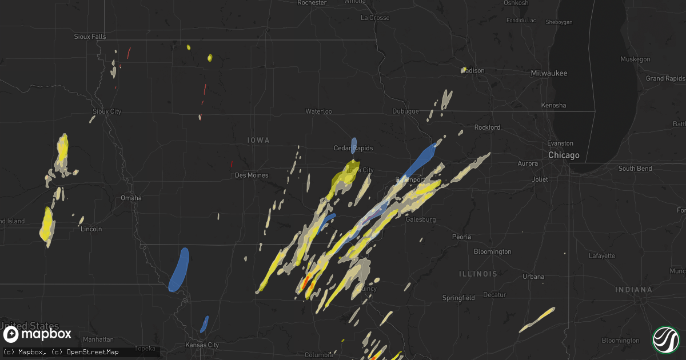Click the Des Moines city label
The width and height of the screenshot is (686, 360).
(252, 175)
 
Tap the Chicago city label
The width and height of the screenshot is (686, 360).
(563, 155)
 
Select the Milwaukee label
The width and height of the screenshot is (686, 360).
(549, 74)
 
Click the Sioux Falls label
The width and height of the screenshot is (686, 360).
(90, 37)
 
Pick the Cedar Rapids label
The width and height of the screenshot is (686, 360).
(353, 149)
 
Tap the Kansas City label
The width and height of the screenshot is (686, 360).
(202, 345)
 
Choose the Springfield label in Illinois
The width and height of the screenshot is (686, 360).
(458, 298)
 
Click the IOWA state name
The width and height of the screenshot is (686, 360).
(258, 140)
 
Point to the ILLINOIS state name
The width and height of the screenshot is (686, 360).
(478, 274)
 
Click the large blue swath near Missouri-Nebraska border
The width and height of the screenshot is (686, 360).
(179, 269)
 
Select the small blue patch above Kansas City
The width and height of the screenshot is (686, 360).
(204, 323)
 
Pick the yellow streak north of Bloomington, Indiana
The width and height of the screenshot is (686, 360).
(537, 319)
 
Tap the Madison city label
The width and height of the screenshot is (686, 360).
(473, 71)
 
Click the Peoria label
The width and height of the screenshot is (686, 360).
(461, 237)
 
